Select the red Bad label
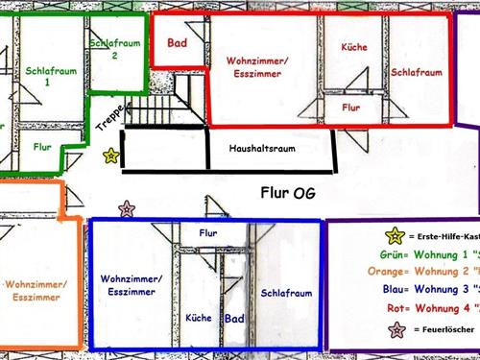(x=177, y=43)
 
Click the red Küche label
(x=353, y=47)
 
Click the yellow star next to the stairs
(x=111, y=154)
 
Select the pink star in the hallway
(x=126, y=208)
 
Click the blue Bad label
(x=233, y=318)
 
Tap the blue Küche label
(x=199, y=317)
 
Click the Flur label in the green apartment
(x=42, y=147)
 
